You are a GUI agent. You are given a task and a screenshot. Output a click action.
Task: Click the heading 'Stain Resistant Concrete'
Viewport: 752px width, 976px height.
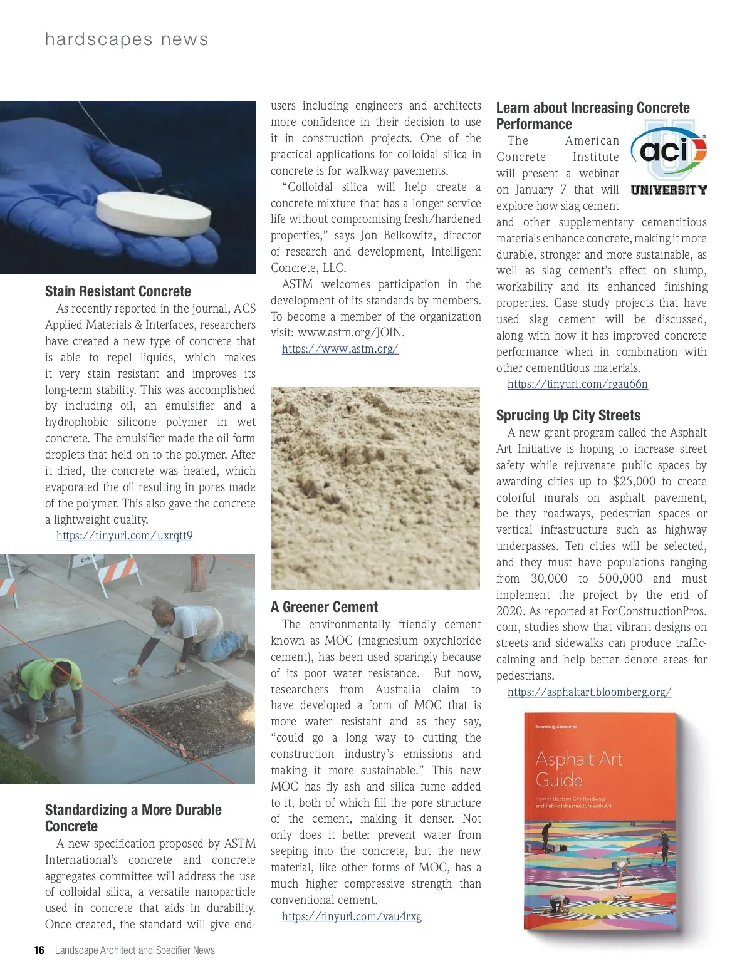click(118, 291)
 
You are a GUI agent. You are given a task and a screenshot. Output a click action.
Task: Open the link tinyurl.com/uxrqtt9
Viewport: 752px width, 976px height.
click(124, 536)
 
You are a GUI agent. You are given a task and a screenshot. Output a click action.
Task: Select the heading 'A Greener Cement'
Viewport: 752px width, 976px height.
click(324, 607)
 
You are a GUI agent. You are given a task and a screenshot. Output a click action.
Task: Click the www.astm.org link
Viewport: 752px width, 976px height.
click(340, 349)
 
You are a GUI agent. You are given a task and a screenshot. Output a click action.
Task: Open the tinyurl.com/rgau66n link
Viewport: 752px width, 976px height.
click(577, 384)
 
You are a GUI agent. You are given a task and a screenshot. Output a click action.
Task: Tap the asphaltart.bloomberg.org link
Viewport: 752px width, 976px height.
click(589, 692)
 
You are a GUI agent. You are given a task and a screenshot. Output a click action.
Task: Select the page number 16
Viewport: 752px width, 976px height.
click(39, 950)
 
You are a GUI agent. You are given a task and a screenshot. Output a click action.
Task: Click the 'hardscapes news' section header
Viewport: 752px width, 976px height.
click(127, 39)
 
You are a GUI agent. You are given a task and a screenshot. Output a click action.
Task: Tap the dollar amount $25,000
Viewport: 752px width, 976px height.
click(634, 482)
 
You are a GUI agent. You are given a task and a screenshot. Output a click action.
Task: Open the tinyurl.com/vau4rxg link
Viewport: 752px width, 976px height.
click(352, 916)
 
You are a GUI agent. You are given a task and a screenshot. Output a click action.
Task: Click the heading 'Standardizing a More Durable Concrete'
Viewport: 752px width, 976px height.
click(133, 818)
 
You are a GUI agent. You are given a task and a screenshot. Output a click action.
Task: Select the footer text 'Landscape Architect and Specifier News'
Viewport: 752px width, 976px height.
click(135, 950)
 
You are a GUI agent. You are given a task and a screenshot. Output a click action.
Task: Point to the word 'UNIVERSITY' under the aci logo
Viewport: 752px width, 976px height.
click(669, 190)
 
